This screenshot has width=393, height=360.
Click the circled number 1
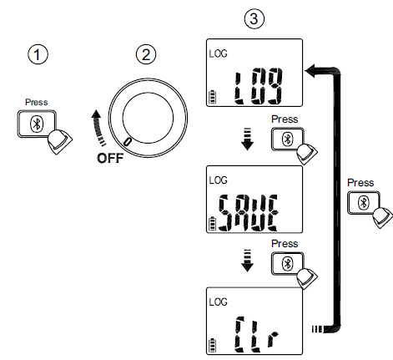tap(36, 54)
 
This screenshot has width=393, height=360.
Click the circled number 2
tap(145, 54)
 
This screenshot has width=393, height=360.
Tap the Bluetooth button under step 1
tap(34, 124)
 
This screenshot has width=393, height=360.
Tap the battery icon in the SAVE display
tap(213, 221)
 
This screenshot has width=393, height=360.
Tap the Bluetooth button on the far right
tap(364, 202)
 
